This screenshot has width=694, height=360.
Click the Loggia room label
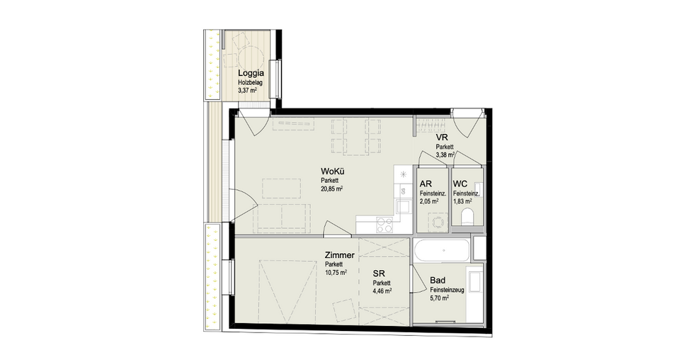(251, 74)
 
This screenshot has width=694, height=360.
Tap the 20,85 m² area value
(332, 189)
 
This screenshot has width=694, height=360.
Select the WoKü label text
(333, 171)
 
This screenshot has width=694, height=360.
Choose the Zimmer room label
(339, 256)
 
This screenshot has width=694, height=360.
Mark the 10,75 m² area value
(336, 273)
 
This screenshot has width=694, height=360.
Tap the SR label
(379, 274)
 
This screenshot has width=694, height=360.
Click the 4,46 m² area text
(382, 291)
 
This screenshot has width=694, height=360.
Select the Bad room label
(438, 281)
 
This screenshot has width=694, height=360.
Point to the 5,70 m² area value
(440, 298)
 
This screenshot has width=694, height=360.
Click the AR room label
(426, 184)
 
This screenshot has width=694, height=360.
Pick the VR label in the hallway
(442, 137)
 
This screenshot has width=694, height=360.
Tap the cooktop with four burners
(384, 225)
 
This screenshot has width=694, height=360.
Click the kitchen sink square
(403, 207)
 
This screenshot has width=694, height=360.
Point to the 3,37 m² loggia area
(247, 90)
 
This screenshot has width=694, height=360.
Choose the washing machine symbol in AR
(438, 222)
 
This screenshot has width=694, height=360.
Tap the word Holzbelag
(251, 82)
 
